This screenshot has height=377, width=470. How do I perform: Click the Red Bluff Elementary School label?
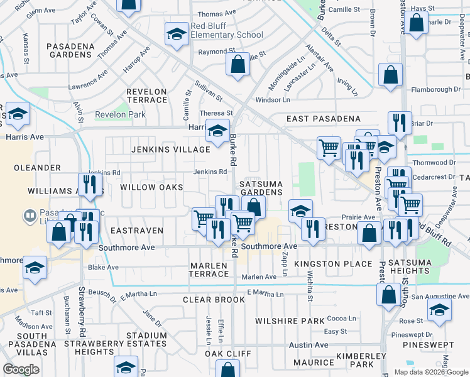pyautogui.click(x=227, y=31)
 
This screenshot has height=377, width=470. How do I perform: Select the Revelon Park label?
pyautogui.click(x=120, y=114)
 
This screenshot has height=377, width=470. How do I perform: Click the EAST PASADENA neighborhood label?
pyautogui.click(x=323, y=119)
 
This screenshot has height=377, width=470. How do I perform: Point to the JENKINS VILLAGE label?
pyautogui.click(x=170, y=150)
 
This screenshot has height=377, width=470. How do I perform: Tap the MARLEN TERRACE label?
pyautogui.click(x=209, y=270)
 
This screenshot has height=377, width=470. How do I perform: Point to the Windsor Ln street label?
pyautogui.click(x=272, y=100)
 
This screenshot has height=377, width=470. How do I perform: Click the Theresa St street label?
pyautogui.click(x=216, y=113)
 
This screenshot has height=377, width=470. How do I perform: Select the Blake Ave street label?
pyautogui.click(x=103, y=267)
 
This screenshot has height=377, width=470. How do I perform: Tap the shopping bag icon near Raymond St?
pyautogui.click(x=238, y=65)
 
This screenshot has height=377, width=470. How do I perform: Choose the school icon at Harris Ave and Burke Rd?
pyautogui.click(x=217, y=131)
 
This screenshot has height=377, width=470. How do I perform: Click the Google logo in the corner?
pyautogui.click(x=21, y=369)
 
